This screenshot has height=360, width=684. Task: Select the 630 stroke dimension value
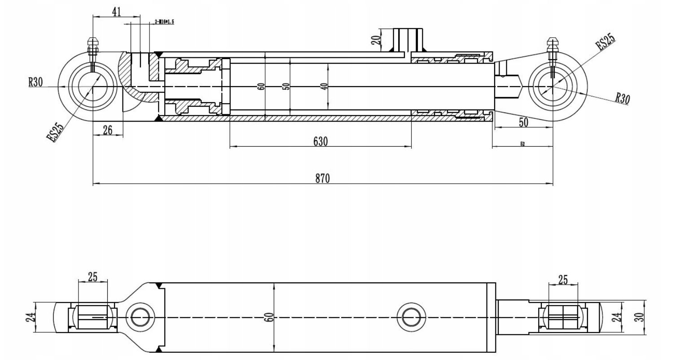320,142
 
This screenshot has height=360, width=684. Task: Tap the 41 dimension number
116,12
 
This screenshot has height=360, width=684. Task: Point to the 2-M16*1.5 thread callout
164,22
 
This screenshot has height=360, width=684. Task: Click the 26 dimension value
108,130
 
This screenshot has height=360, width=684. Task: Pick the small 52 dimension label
522,144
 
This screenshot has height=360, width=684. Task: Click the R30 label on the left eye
35,82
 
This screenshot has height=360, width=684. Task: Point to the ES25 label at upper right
605,42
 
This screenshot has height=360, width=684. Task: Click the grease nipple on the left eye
93,46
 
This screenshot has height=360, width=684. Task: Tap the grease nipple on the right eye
552,46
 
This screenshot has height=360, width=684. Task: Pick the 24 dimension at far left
29,317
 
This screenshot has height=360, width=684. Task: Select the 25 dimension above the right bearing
563,280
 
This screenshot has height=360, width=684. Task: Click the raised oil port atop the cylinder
408,40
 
